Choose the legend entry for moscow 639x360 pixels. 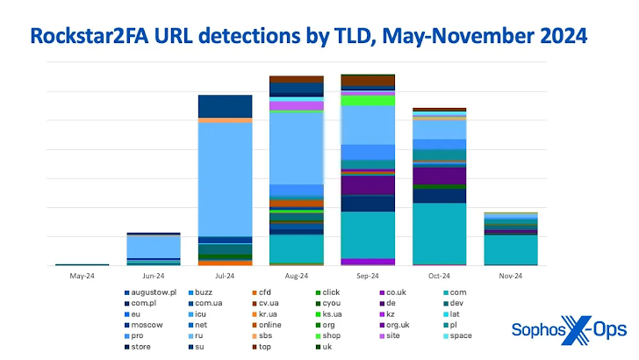[x=148, y=324]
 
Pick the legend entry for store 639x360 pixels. [x=145, y=346]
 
